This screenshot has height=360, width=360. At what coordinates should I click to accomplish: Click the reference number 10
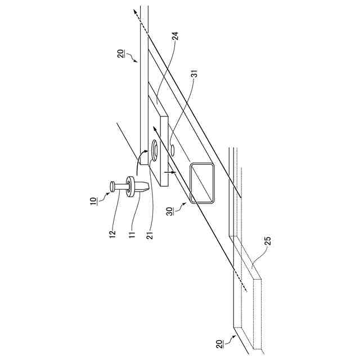coord(93,201)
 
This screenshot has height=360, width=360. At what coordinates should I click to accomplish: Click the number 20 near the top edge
coord(120,56)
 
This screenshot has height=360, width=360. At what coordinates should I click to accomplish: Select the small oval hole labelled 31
coord(173,151)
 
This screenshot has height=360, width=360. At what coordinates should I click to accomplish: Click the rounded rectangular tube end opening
coord(202,182)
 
